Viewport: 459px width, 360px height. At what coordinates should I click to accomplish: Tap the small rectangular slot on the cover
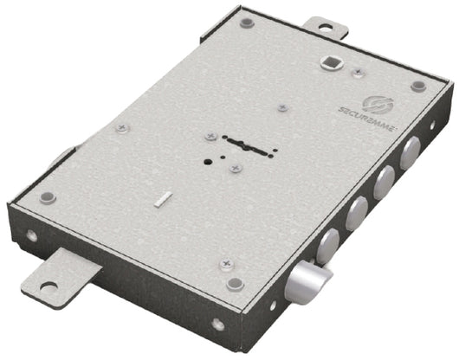tap(162, 201)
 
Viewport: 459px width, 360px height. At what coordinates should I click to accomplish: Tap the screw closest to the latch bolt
tap(226, 261)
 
